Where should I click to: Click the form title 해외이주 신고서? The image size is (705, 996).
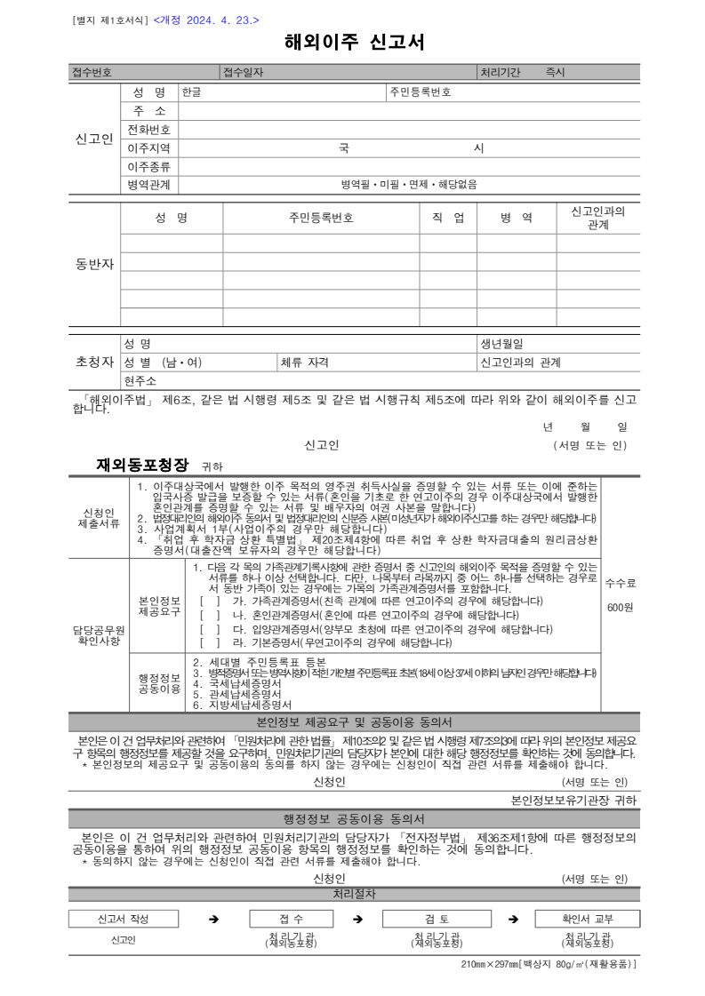pos(354,42)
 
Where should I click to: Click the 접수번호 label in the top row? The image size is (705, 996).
pos(92,72)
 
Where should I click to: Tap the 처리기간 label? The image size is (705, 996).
pos(501,72)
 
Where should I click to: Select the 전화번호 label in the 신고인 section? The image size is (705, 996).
pos(149,130)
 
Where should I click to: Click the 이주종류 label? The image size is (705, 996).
pos(149,166)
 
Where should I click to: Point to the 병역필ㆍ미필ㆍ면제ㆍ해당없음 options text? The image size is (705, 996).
pos(409,185)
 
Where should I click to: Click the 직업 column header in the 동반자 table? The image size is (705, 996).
pos(448,218)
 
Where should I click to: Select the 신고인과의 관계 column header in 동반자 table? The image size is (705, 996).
pos(597,218)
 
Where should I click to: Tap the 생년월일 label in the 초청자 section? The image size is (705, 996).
pos(502,343)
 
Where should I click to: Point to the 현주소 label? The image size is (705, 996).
pos(140,380)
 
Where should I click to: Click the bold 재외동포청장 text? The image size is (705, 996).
pos(143,464)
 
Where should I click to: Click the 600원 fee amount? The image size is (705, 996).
pos(620,607)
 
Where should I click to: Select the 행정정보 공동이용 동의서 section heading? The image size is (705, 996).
pos(353,818)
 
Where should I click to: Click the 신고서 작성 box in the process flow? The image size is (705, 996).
pos(124,919)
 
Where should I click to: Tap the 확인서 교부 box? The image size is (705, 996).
pos(588,919)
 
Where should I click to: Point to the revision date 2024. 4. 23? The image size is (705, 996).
pos(206,19)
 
